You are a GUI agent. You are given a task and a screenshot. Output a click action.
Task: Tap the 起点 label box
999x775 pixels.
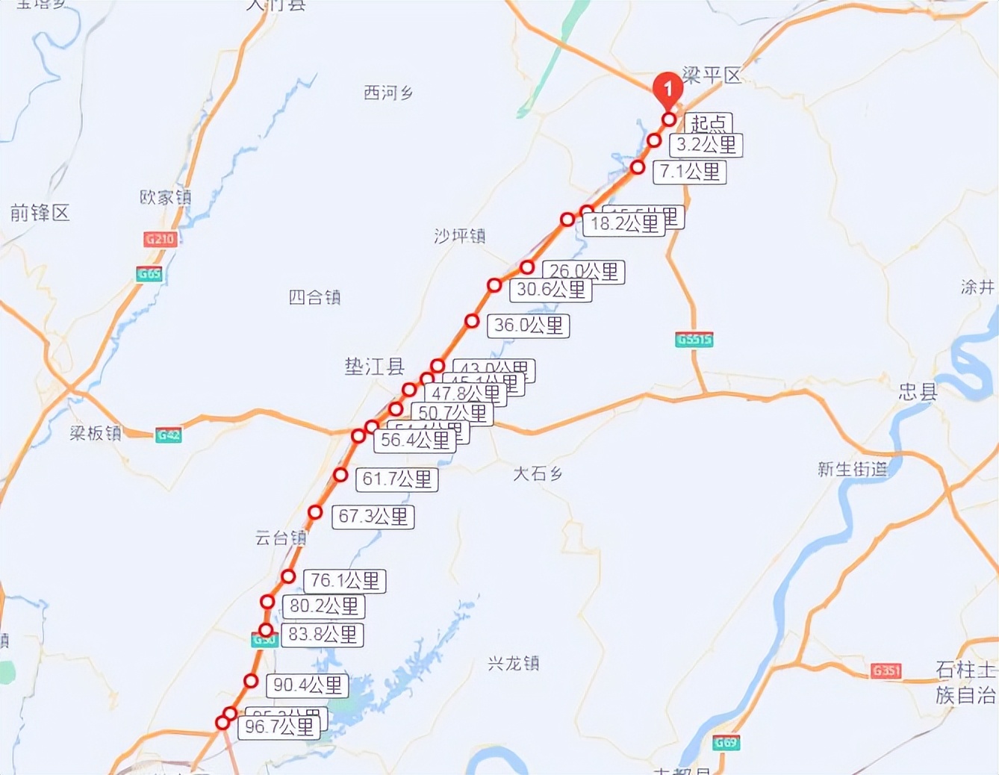point(709,122)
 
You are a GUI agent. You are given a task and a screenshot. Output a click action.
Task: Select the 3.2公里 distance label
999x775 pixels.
point(706,145)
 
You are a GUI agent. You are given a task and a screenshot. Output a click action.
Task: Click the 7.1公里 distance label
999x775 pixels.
point(690,172)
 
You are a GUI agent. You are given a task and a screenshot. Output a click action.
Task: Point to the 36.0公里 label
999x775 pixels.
point(529,326)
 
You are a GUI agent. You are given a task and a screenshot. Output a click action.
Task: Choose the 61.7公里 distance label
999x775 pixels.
point(397,479)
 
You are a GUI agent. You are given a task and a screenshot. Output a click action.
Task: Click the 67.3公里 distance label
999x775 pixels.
point(373,516)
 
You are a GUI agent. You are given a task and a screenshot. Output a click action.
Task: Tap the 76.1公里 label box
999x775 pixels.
point(345,580)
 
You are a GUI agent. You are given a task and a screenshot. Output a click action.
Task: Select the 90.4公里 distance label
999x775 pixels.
point(308,685)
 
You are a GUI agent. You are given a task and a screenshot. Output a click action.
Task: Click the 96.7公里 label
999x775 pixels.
point(279,726)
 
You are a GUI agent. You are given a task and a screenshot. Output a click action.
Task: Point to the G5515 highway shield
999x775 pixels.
point(694,340)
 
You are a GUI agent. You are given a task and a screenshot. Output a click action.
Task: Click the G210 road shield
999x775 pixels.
point(160,239)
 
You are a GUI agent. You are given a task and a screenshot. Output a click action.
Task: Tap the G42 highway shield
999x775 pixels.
point(169,435)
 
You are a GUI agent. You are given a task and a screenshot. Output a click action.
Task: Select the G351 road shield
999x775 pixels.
point(886,670)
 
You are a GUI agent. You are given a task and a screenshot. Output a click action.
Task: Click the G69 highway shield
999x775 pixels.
point(726,742)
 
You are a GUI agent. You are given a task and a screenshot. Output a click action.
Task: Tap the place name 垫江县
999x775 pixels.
point(374,367)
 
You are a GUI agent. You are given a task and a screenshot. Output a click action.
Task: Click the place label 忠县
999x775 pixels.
point(918,391)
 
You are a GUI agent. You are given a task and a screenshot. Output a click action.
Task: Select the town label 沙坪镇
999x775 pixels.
point(460,237)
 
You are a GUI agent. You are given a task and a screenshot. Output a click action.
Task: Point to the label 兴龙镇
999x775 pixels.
point(513,663)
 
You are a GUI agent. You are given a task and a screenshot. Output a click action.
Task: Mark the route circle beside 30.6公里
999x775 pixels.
point(494,285)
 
